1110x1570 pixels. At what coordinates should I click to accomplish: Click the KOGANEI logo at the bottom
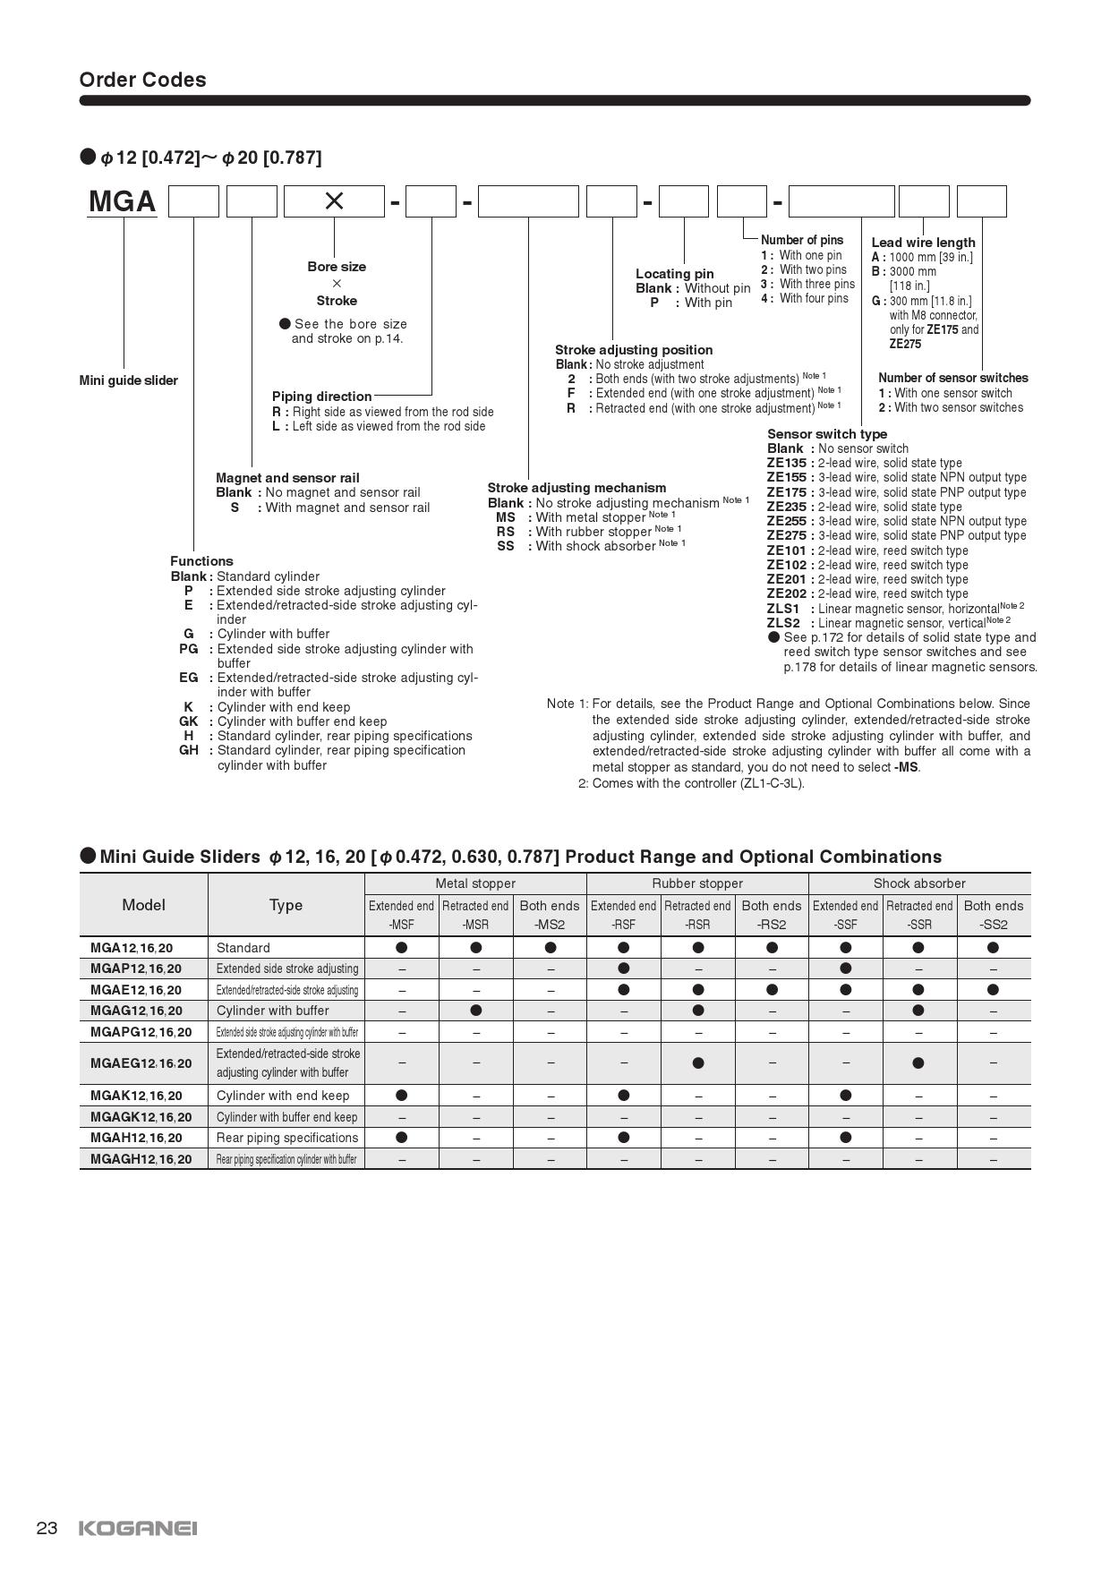pos(138,1528)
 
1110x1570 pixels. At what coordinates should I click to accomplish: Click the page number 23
pos(47,1528)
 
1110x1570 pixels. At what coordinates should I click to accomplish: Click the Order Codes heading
pos(142,80)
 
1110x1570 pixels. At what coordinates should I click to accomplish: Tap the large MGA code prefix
pos(123,201)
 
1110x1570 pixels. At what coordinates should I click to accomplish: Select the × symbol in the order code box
pos(334,201)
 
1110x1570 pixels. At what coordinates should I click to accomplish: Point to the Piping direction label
pos(321,397)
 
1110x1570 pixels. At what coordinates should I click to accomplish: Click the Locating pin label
pos(674,274)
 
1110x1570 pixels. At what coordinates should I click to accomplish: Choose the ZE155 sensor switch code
pos(786,478)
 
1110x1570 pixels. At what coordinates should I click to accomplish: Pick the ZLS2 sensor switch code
pos(783,623)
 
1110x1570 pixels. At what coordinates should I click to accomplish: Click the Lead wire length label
pos(923,243)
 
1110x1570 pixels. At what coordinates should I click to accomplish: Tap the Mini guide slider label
pos(128,380)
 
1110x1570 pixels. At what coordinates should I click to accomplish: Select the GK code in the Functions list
pos(189,721)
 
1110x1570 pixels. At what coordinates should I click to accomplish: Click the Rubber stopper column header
pos(697,883)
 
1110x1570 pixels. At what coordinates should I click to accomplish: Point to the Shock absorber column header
pos(919,883)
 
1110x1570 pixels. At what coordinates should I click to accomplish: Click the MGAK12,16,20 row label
pos(136,1096)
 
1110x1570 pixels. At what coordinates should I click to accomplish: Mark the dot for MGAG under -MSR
pos(476,1011)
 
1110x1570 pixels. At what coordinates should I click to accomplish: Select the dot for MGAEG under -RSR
pos(698,1063)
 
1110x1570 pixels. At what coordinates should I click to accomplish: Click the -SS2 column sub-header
pos(993,925)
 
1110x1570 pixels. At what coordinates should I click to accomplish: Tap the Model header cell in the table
pos(143,905)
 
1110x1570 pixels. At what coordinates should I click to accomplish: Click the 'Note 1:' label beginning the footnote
pos(567,704)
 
